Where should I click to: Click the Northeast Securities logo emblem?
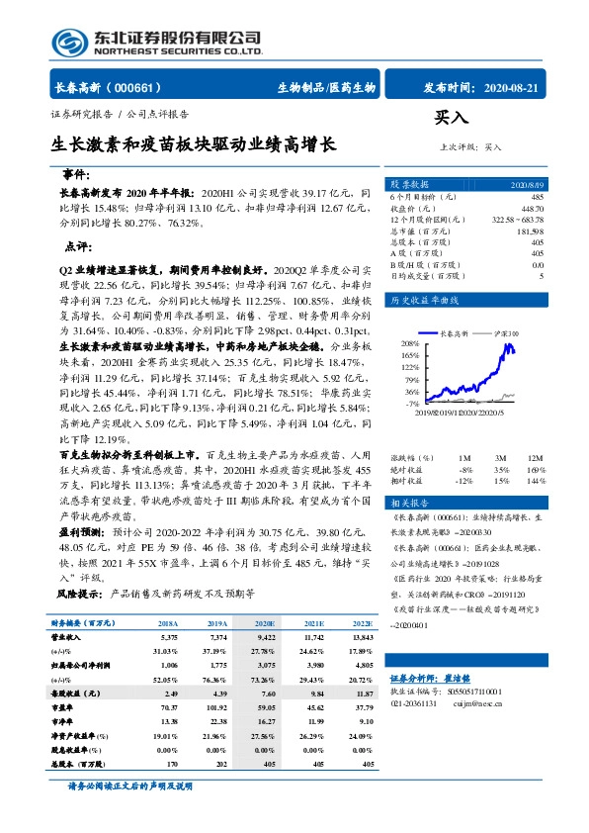coord(68,43)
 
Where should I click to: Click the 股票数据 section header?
coord(409,185)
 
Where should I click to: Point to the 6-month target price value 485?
coord(537,197)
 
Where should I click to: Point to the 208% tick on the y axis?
coord(410,343)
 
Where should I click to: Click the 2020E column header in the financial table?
coord(264,624)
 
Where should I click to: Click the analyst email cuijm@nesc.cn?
coord(470,732)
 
